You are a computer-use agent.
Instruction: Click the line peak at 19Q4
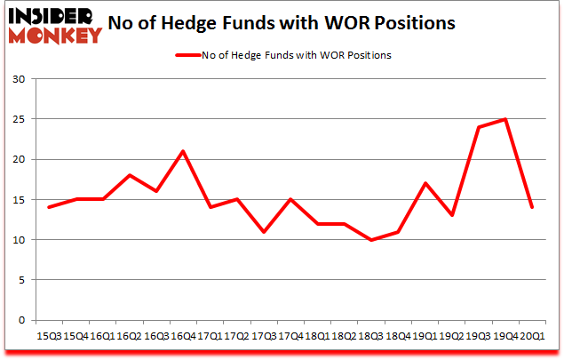pyautogui.click(x=505, y=119)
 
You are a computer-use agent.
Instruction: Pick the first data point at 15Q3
pyautogui.click(x=49, y=207)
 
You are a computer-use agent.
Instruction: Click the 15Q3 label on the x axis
pyautogui.click(x=49, y=337)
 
